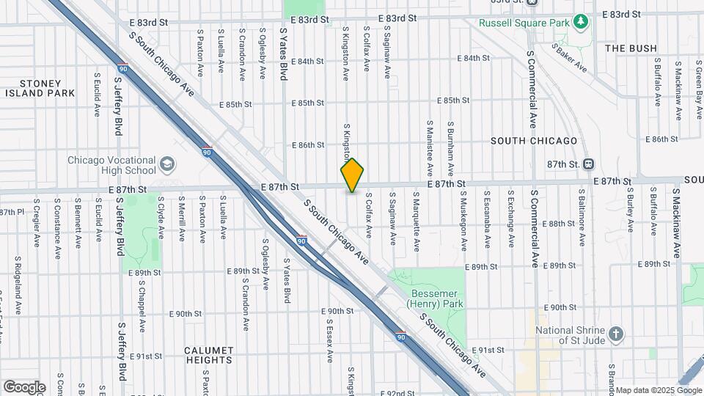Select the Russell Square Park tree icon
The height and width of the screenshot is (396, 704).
pyautogui.click(x=581, y=22)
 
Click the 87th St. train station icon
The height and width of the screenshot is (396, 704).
pyautogui.click(x=589, y=164)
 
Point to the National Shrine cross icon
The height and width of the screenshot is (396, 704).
pyautogui.click(x=617, y=334)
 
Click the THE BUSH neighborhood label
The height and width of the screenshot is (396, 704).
pyautogui.click(x=631, y=48)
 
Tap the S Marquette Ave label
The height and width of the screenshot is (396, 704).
pyautogui.click(x=417, y=213)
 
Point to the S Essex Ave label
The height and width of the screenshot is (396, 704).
pyautogui.click(x=330, y=340)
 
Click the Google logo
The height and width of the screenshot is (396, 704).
pyautogui.click(x=24, y=386)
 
